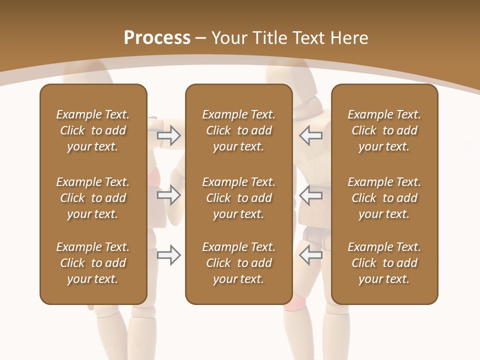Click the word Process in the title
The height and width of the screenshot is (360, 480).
[157, 38]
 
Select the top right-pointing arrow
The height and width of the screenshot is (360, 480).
[169, 135]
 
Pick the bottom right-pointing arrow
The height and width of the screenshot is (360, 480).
[169, 255]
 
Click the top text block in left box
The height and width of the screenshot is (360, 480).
[93, 130]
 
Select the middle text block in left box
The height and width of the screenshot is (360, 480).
[93, 198]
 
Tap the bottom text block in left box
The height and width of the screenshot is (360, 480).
[93, 263]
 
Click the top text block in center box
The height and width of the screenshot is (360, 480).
[239, 130]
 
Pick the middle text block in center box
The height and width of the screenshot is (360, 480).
[239, 198]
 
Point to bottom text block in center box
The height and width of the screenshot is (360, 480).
[239, 263]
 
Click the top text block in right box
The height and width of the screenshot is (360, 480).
[384, 130]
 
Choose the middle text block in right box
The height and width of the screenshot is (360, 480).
[384, 198]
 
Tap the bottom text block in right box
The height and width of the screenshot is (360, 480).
[384, 263]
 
